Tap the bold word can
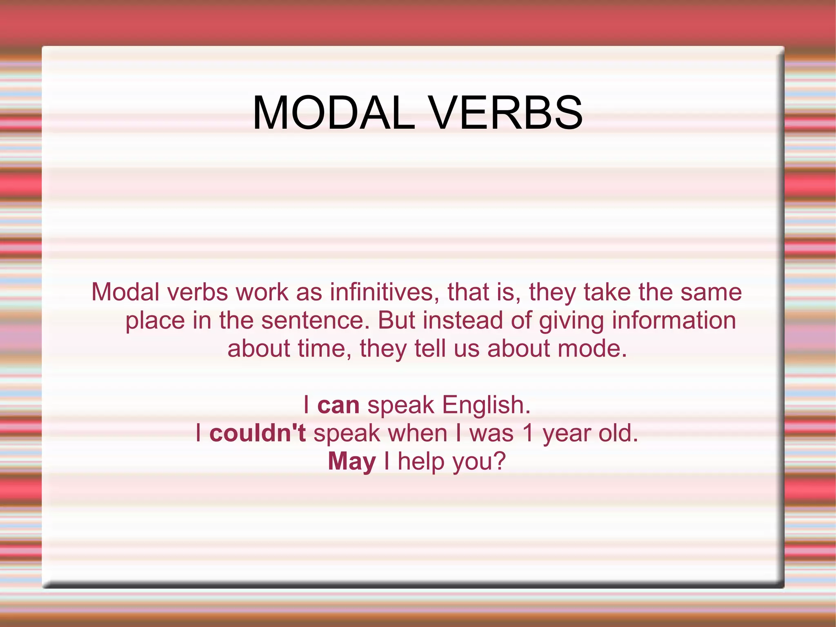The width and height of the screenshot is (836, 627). click(x=338, y=405)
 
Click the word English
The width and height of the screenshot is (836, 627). click(x=486, y=405)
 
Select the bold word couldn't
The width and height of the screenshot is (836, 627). click(x=258, y=433)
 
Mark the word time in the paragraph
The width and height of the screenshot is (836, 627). click(x=325, y=349)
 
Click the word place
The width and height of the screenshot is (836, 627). click(x=155, y=321)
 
